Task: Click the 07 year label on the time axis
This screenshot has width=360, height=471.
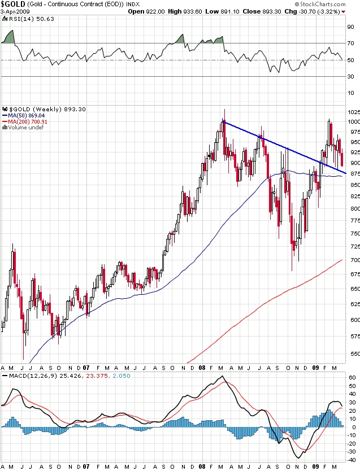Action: pos(87,366)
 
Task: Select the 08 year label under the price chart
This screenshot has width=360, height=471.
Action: pos(201,366)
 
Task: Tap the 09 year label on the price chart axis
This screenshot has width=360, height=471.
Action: pos(316,366)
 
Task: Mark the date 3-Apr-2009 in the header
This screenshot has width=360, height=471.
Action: pos(16,11)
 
